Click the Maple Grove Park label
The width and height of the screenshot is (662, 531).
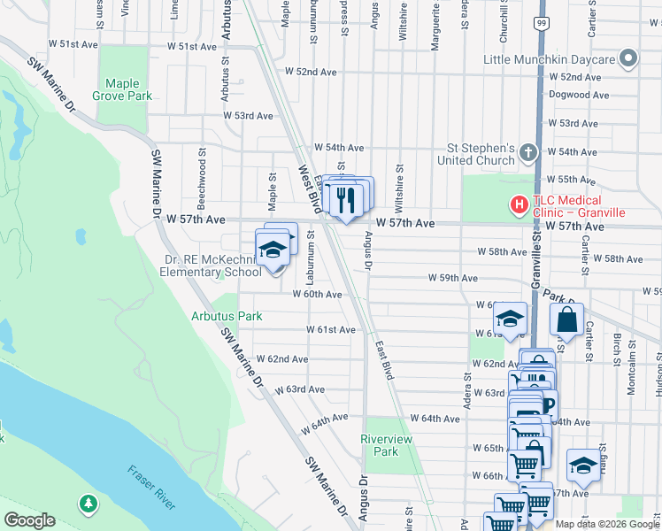pyautogui.click(x=129, y=89)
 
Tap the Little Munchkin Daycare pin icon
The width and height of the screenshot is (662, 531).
pyautogui.click(x=628, y=59)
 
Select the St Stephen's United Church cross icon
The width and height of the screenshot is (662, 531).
pyautogui.click(x=527, y=153)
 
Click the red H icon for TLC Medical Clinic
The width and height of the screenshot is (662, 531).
pyautogui.click(x=519, y=205)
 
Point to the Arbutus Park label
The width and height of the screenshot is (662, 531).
pyautogui.click(x=227, y=316)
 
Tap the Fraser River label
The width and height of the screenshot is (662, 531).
pyautogui.click(x=152, y=486)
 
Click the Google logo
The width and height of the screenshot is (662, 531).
pyautogui.click(x=29, y=520)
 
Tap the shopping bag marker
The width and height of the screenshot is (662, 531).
pyautogui.click(x=566, y=319)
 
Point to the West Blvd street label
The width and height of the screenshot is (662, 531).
pyautogui.click(x=308, y=189)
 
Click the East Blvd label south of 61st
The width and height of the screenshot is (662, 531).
pyautogui.click(x=383, y=360)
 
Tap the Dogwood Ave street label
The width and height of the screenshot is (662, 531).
pyautogui.click(x=579, y=95)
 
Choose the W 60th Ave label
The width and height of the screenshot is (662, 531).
pyautogui.click(x=318, y=294)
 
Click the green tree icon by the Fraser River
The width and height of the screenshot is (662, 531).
pyautogui.click(x=88, y=504)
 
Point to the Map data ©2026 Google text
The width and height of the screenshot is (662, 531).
pyautogui.click(x=606, y=524)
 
